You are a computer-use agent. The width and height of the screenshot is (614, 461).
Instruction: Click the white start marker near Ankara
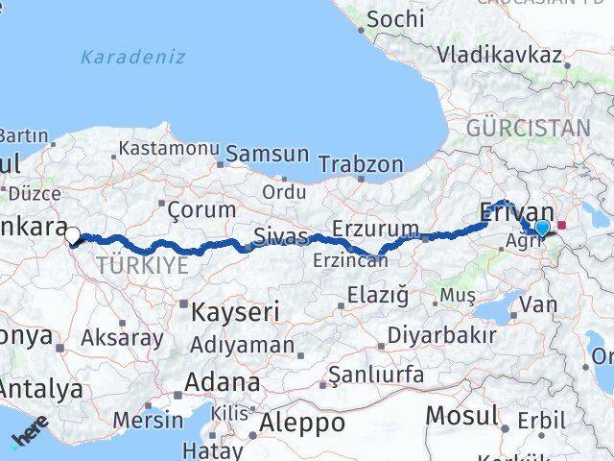[72, 233]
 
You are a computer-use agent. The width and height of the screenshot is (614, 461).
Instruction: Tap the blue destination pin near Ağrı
[542, 228]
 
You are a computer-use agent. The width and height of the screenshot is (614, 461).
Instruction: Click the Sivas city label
[281, 236]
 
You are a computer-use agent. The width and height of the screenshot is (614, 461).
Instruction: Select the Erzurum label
[375, 229]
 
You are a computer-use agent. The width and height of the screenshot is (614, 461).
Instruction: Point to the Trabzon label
[361, 164]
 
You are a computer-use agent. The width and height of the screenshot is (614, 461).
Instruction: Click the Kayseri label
[235, 311]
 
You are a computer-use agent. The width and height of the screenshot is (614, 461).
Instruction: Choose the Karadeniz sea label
[133, 57]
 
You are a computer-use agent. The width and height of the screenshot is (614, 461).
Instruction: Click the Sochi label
[394, 18]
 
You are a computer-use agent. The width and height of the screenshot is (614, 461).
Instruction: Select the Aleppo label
[301, 423]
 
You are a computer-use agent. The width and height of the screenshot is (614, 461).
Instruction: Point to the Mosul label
[462, 416]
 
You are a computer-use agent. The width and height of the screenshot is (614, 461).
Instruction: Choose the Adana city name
[221, 382]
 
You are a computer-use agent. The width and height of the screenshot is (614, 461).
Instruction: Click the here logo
[30, 429]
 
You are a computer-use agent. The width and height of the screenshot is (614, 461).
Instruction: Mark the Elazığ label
[378, 294]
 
